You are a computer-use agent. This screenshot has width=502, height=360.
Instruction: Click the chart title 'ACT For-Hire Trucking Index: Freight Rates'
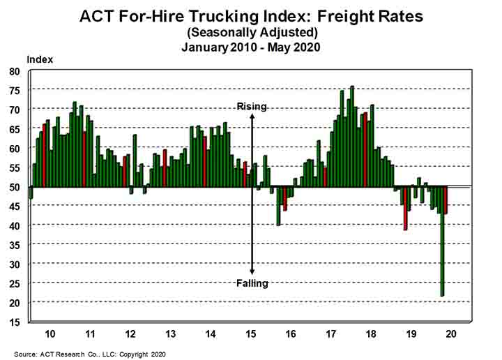click(x=251, y=16)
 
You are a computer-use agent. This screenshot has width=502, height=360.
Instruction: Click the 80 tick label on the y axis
click(x=15, y=71)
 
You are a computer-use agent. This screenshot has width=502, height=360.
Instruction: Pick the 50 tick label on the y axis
click(x=15, y=186)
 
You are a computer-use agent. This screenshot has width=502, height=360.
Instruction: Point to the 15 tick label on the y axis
click(x=15, y=321)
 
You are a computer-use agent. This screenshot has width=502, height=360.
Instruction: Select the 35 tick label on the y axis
click(x=15, y=244)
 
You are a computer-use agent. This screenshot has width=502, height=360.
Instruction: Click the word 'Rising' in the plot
click(x=252, y=106)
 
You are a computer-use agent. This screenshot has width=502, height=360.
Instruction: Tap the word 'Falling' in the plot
click(x=252, y=283)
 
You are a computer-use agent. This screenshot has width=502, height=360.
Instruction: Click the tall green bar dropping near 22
click(x=442, y=241)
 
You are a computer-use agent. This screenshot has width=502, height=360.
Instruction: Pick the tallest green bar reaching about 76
click(x=352, y=136)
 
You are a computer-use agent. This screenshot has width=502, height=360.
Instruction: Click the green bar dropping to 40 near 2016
click(x=278, y=206)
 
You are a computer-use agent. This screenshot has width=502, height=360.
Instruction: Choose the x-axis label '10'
click(x=51, y=333)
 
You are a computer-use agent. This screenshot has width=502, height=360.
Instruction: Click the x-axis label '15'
click(x=252, y=333)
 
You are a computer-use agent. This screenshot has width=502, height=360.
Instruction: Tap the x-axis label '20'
click(x=451, y=333)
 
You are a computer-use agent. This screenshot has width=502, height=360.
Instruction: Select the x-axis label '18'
click(x=372, y=333)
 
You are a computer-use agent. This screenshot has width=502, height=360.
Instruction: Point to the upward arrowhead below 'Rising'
click(x=252, y=116)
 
